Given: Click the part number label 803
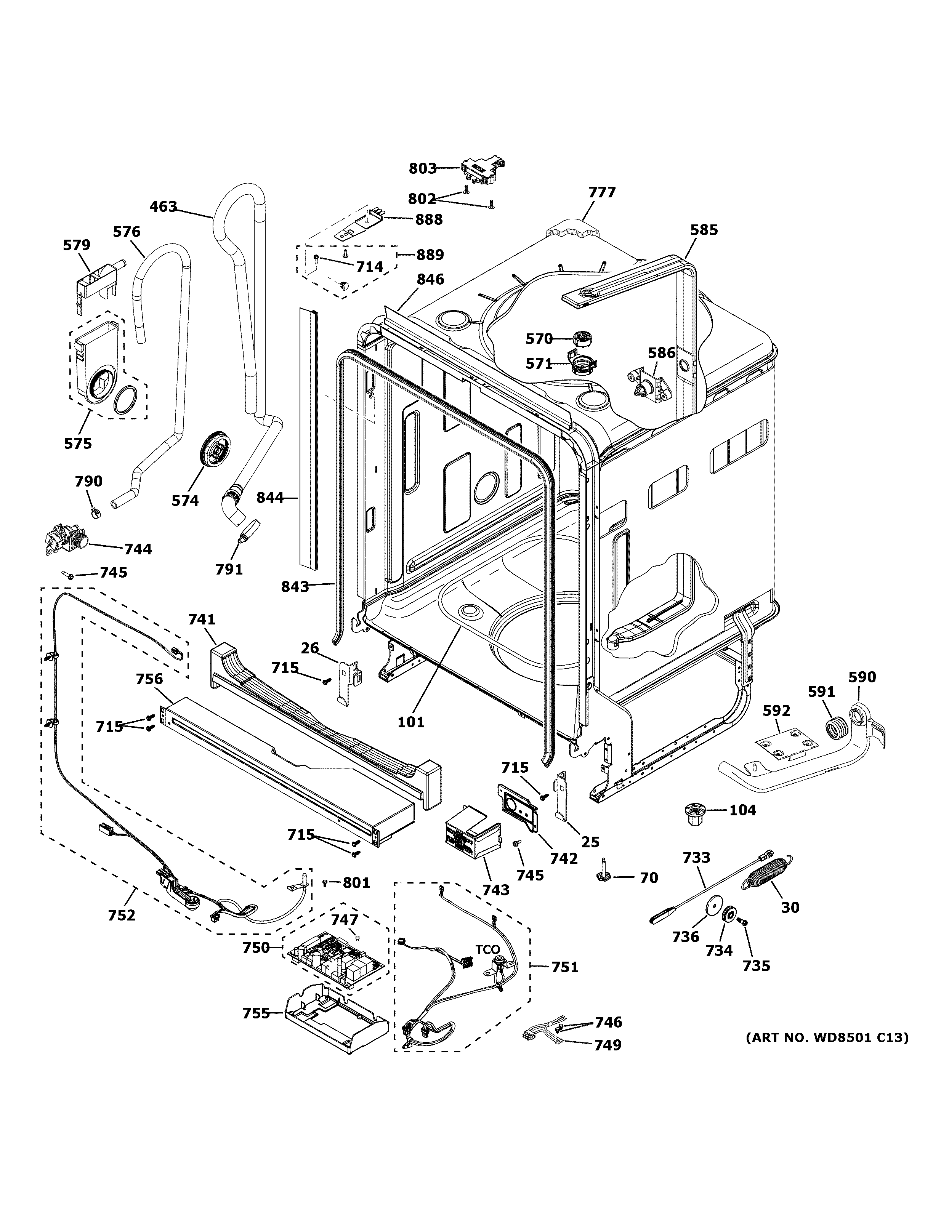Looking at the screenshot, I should tap(422, 168).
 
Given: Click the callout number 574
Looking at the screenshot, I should tap(184, 501).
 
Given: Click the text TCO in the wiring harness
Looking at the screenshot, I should tap(487, 950).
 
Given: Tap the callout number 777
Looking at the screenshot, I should tap(601, 192).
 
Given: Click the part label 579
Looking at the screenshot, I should tap(77, 245).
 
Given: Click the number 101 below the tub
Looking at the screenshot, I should tap(411, 722).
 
